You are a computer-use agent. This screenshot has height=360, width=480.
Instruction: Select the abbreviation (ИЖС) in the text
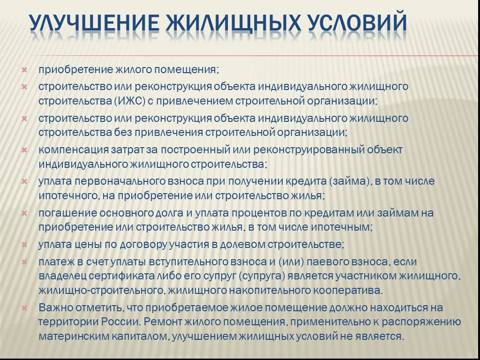130,101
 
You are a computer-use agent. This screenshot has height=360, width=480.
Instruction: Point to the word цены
89,245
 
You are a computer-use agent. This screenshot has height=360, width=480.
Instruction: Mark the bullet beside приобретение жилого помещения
24,70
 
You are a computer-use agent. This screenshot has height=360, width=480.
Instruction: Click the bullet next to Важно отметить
24,308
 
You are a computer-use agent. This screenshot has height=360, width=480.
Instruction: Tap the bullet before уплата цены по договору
24,245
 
